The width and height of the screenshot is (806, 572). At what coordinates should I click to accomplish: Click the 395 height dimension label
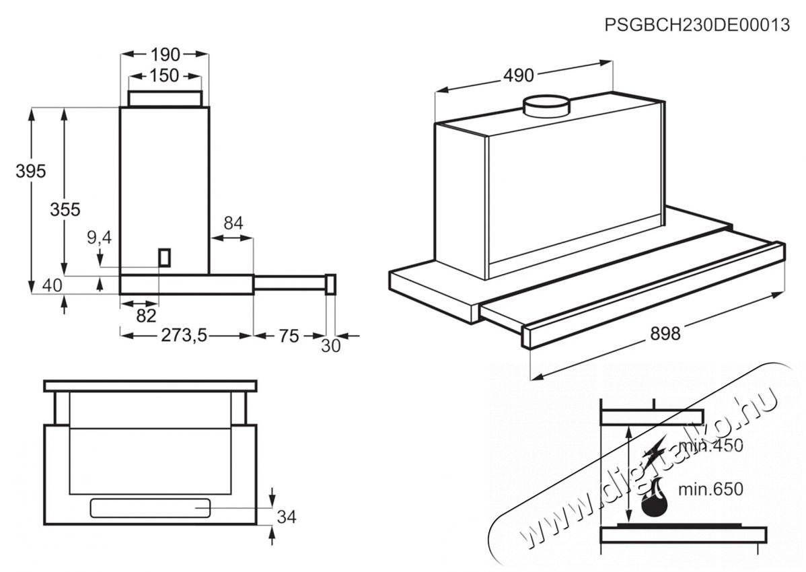(x=30, y=171)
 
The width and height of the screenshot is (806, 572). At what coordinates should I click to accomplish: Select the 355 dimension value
(x=65, y=209)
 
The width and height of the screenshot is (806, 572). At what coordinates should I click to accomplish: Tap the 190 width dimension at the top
(x=166, y=54)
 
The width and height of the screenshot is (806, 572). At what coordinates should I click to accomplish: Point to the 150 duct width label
(x=164, y=75)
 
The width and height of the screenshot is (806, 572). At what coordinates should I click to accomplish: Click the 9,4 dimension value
(x=99, y=237)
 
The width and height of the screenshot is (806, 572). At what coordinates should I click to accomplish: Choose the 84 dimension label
(x=233, y=223)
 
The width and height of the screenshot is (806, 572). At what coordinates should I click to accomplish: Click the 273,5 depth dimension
(x=184, y=336)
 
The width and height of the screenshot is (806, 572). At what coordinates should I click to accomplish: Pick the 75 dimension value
(x=289, y=336)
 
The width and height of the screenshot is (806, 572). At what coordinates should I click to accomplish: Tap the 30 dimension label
(x=331, y=346)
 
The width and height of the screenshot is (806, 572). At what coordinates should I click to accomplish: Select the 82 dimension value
(x=147, y=316)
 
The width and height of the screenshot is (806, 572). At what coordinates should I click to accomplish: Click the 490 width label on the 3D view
(x=518, y=75)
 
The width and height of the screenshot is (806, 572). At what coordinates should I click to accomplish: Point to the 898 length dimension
(x=665, y=334)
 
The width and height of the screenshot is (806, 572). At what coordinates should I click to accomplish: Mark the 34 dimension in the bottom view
(x=287, y=517)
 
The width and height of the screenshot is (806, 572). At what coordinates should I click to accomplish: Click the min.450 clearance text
(x=710, y=445)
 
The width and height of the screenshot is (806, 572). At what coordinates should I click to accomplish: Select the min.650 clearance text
(x=711, y=489)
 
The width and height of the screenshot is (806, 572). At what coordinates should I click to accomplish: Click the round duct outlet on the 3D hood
(x=546, y=106)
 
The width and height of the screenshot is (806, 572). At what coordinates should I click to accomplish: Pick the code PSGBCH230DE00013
(x=697, y=25)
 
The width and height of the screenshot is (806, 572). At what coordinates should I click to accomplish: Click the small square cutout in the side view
(x=164, y=256)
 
